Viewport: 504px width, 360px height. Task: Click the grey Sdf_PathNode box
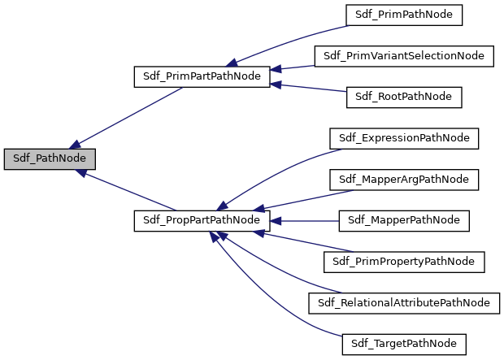click(50, 158)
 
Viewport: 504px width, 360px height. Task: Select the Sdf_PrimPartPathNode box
click(201, 77)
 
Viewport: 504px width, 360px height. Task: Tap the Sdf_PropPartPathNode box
click(201, 220)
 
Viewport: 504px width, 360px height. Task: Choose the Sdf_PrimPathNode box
click(404, 15)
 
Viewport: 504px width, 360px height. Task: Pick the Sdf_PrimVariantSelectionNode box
click(404, 56)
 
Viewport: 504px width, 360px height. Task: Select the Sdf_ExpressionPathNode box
click(404, 138)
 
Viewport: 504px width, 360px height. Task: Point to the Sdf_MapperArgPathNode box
click(404, 179)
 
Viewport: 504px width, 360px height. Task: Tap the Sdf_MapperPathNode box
click(404, 220)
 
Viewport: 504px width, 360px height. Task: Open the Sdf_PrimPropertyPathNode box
click(404, 262)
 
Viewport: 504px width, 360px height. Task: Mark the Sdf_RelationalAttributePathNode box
click(404, 302)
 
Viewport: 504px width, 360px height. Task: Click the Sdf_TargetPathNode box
click(404, 344)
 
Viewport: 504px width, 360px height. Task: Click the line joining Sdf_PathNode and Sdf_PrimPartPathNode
click(130, 115)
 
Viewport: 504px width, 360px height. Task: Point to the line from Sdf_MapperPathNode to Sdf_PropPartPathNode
click(305, 220)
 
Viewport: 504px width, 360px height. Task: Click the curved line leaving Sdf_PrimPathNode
click(293, 39)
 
